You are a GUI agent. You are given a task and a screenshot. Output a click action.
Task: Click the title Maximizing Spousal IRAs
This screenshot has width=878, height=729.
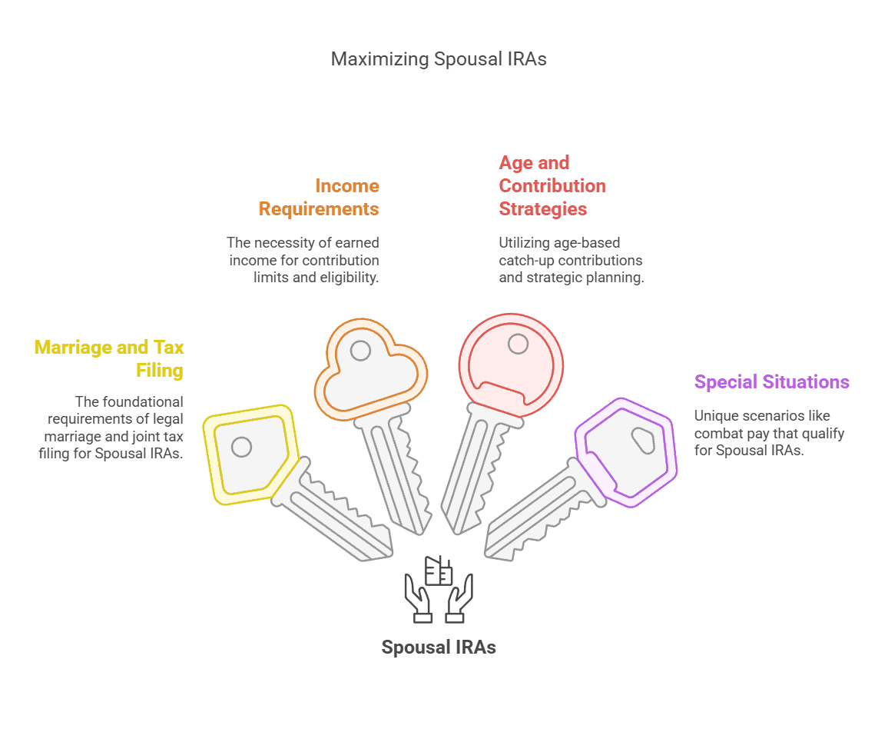(439, 59)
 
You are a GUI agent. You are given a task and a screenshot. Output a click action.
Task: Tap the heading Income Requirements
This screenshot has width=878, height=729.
(319, 197)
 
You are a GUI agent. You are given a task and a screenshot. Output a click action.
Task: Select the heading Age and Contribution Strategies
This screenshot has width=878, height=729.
(552, 185)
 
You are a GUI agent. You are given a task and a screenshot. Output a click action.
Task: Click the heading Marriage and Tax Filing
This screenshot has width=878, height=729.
(109, 358)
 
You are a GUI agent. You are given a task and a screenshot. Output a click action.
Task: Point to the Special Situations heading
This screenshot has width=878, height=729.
(771, 382)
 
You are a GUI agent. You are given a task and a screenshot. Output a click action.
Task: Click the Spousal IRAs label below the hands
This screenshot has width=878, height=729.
(439, 647)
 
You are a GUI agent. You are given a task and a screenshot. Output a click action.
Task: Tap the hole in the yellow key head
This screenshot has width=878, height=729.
(241, 447)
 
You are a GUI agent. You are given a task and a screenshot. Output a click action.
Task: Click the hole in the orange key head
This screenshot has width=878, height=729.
(360, 351)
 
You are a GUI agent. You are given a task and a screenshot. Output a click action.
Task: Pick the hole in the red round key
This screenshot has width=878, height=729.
(518, 344)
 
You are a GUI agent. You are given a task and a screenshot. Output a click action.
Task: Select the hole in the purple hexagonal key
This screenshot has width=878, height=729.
(644, 440)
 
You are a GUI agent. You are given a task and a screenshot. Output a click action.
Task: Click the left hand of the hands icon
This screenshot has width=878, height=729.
(418, 598)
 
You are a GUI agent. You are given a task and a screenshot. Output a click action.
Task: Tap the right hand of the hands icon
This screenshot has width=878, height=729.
(459, 598)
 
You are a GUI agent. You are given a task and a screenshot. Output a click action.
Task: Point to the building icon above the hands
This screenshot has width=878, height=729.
(439, 571)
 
